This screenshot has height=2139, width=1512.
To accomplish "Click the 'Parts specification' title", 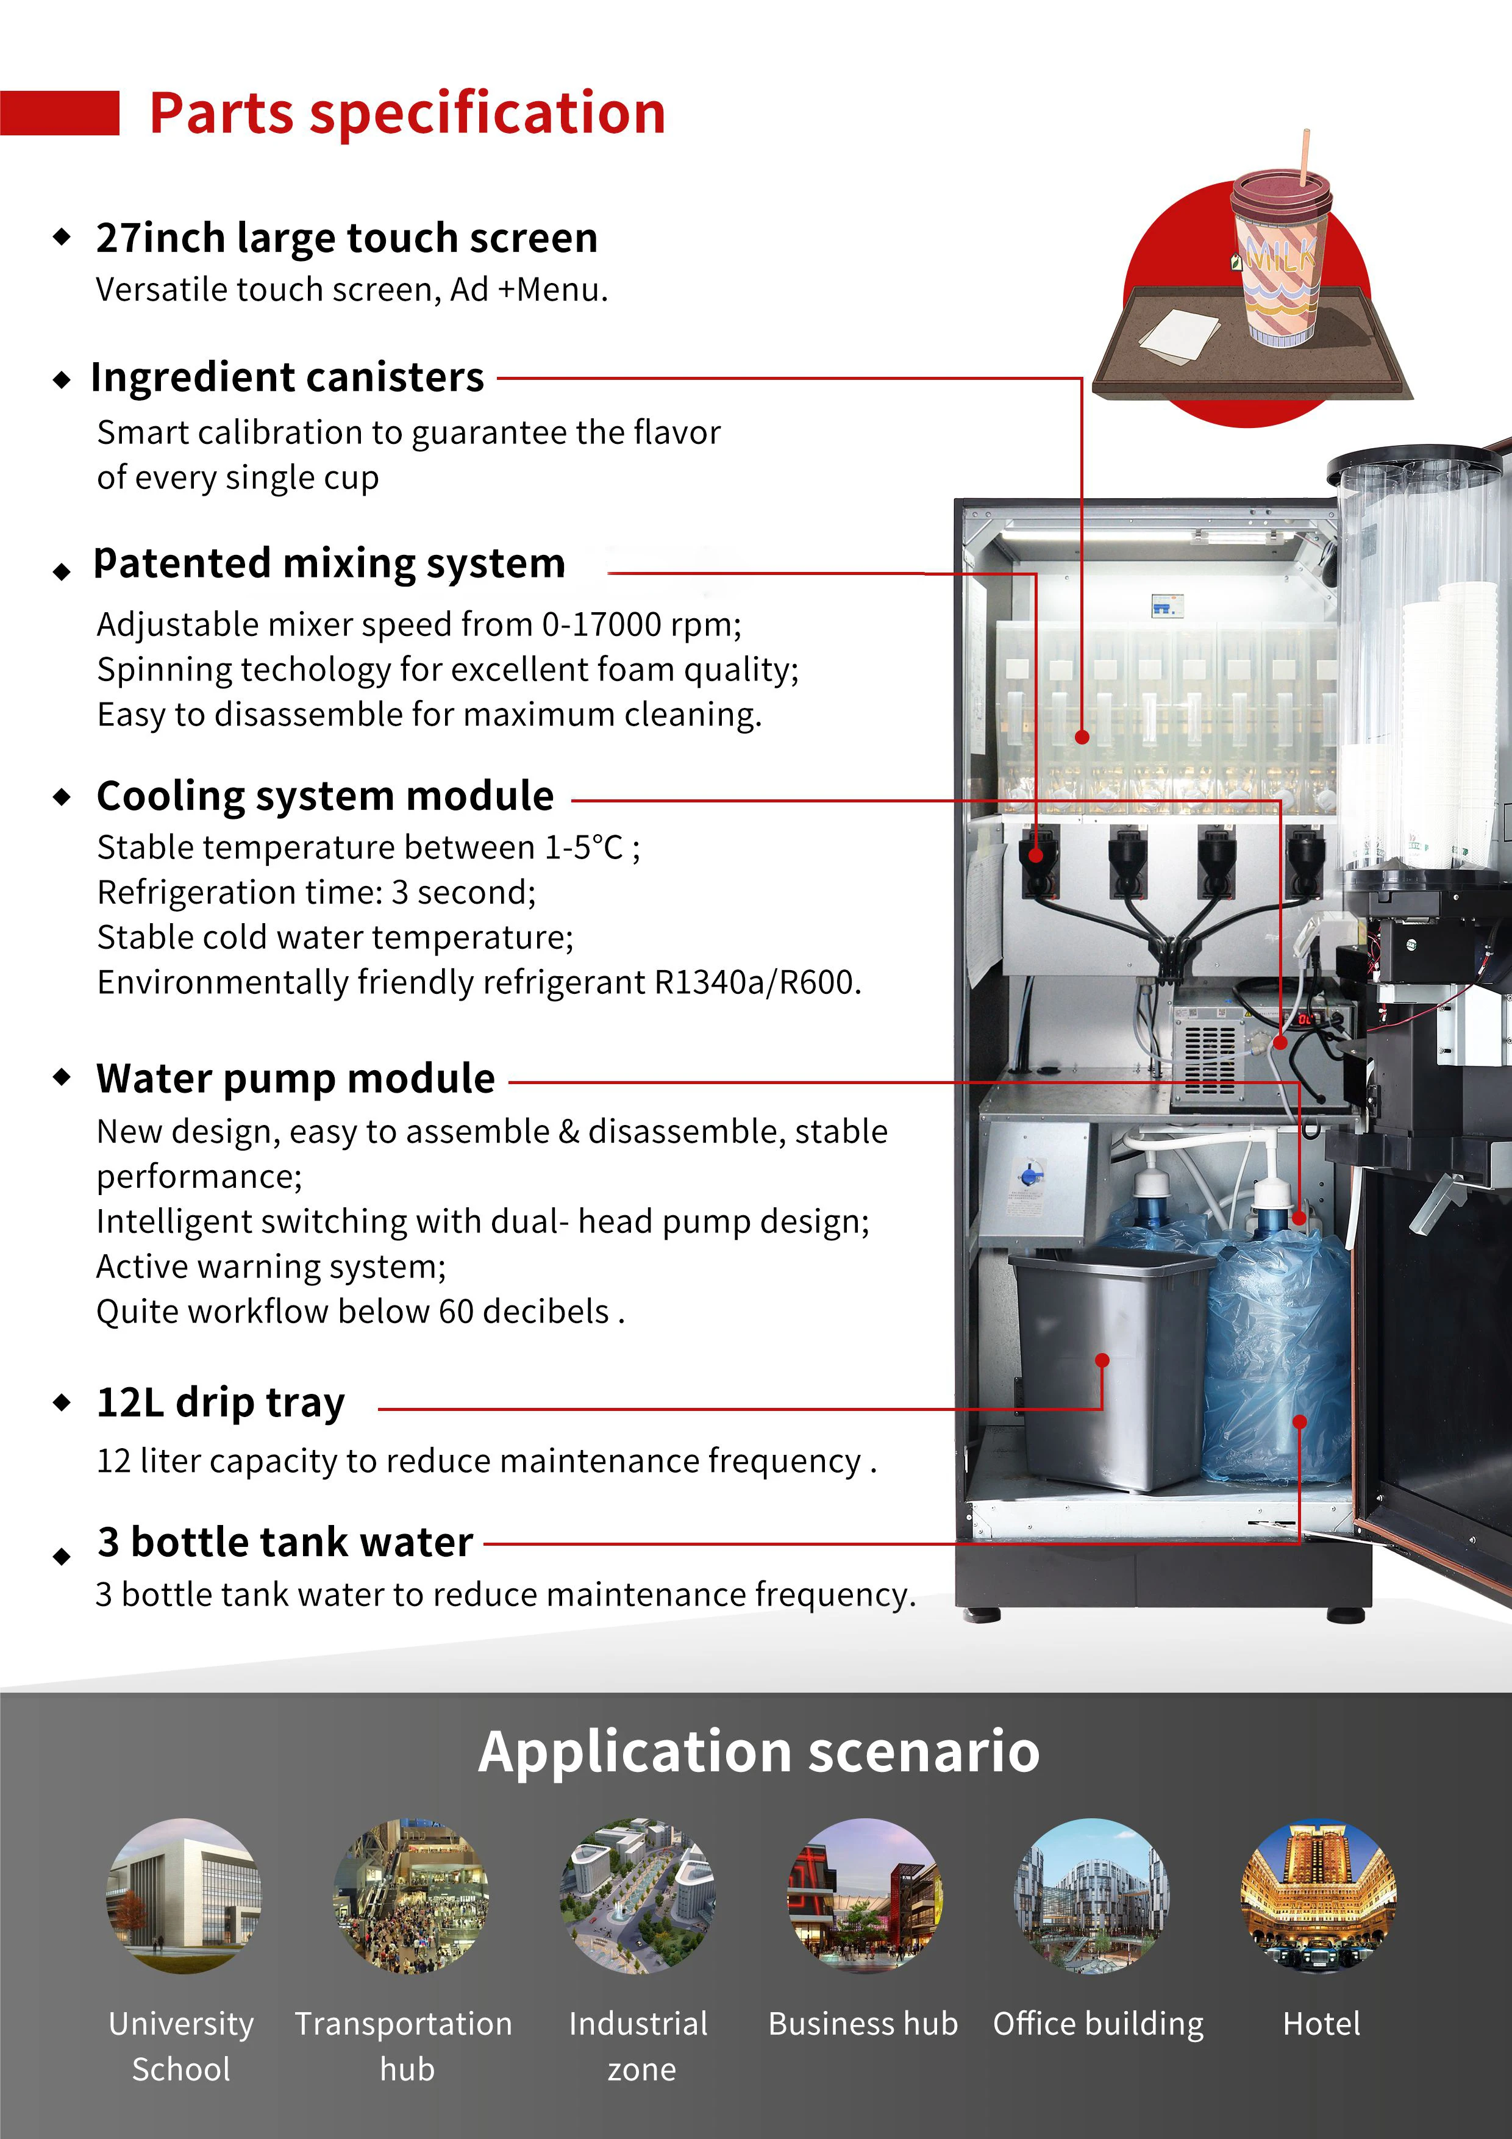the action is tap(407, 113).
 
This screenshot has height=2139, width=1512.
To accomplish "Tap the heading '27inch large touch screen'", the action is tap(346, 238).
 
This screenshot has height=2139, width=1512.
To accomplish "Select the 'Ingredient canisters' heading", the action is tap(287, 378).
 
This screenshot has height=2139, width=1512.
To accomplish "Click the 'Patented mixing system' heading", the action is tap(330, 563).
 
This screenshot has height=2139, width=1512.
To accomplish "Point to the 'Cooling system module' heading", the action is tap(325, 796).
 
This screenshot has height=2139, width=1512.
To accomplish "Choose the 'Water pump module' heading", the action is tap(295, 1079).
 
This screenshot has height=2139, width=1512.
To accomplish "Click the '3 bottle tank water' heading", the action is tap(285, 1543).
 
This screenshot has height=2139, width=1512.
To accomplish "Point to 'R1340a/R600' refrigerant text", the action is tap(755, 983).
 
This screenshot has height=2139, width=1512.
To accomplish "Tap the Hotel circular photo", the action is tap(1318, 1895).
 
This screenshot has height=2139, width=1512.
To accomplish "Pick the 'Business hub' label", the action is tap(863, 2024).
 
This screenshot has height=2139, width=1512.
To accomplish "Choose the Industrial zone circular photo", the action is tap(638, 1895).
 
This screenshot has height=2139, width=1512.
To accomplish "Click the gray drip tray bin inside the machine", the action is tap(1108, 1369).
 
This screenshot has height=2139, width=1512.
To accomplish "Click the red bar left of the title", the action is tap(60, 113).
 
